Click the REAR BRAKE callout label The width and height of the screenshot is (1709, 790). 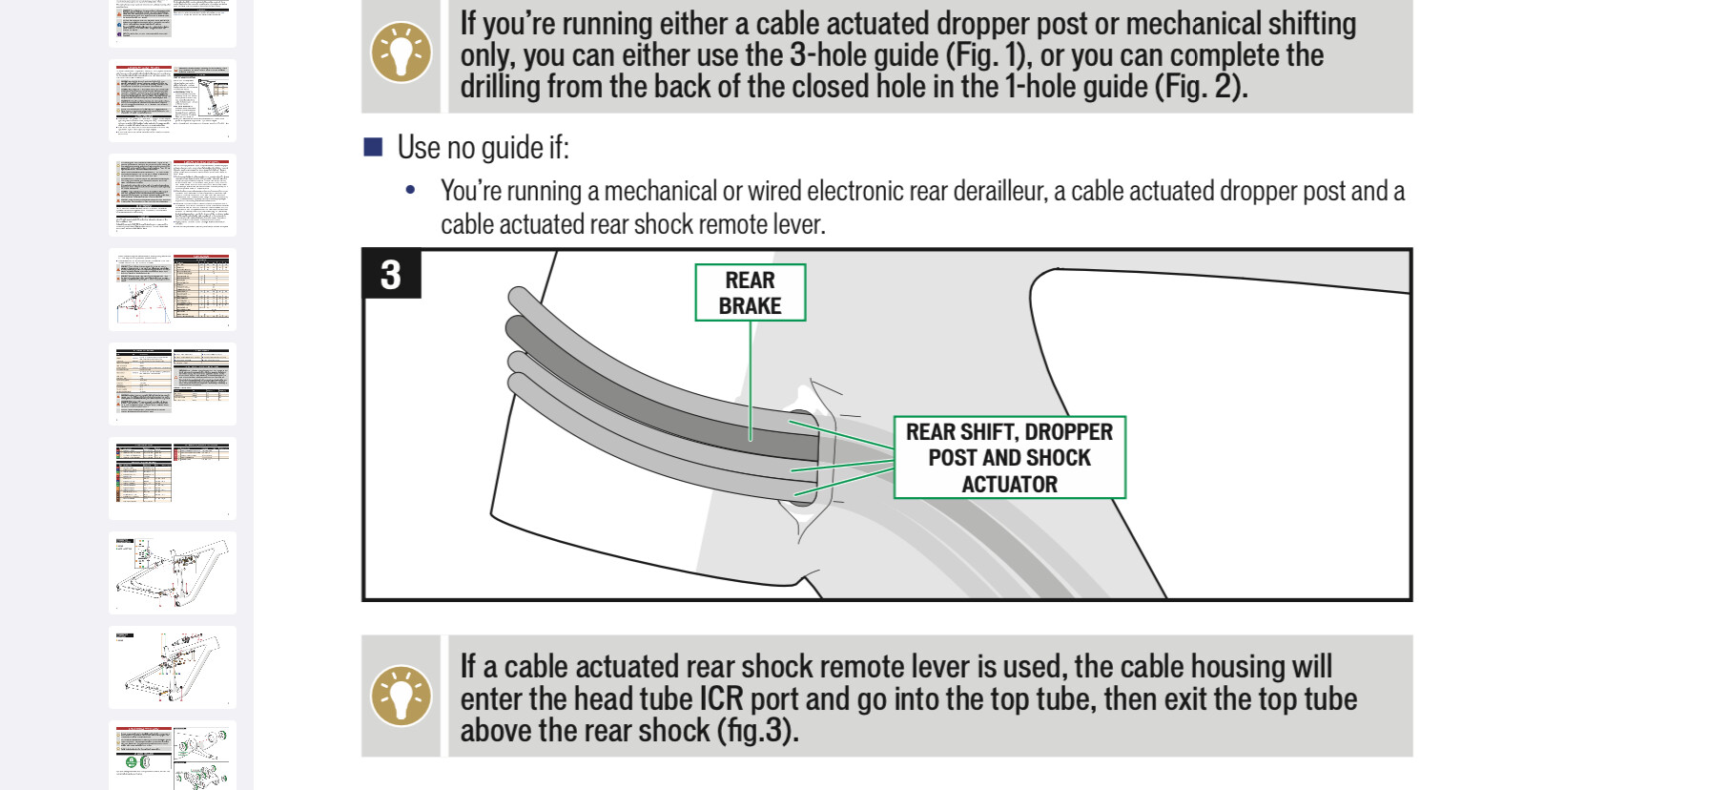click(750, 293)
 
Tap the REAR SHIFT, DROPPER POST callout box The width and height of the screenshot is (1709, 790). click(1009, 457)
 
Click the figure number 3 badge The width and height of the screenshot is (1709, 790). click(391, 275)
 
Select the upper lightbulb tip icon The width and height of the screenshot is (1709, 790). click(401, 53)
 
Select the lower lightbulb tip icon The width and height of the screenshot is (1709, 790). click(401, 696)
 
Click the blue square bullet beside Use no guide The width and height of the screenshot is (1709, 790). click(373, 147)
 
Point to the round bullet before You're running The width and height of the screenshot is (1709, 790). click(411, 191)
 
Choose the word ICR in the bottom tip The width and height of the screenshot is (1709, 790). click(721, 699)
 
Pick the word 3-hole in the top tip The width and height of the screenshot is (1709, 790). click(831, 55)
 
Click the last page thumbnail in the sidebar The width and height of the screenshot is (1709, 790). click(173, 756)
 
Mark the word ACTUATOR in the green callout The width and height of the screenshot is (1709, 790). click(1009, 485)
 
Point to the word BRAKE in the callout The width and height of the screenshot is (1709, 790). click(750, 306)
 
